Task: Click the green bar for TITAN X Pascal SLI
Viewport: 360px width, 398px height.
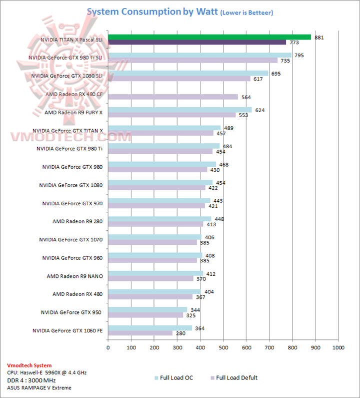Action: pos(209,37)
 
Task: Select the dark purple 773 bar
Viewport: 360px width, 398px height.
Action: pos(197,42)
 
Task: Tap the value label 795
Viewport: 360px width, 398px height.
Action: pos(299,55)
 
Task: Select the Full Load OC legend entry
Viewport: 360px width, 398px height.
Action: pos(176,377)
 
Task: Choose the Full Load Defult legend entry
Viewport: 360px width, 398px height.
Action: pos(234,377)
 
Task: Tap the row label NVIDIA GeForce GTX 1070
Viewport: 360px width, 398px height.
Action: pos(70,240)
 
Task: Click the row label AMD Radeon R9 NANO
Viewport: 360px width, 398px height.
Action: pos(74,276)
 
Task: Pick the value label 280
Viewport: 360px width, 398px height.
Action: pos(180,333)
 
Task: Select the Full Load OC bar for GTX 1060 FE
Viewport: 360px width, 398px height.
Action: pos(149,328)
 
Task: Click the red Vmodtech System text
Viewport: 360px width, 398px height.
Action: pos(29,365)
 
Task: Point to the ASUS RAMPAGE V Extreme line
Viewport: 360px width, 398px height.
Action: pos(39,387)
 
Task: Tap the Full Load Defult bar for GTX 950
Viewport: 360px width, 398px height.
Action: pos(145,315)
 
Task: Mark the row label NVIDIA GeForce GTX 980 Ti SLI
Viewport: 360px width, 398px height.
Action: pos(65,58)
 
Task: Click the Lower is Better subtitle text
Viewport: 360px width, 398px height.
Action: pos(246,12)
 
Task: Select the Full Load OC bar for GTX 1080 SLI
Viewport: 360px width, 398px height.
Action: pos(188,73)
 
